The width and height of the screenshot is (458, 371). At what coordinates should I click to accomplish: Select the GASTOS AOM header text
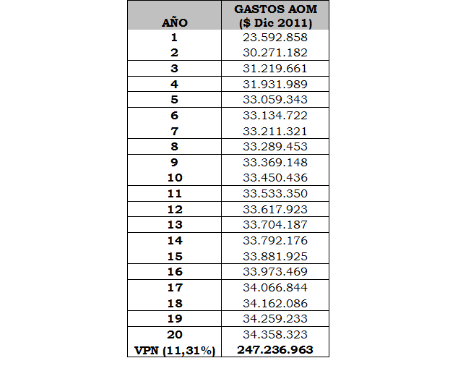(x=275, y=9)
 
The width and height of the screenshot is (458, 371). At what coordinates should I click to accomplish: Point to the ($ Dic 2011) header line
(x=275, y=22)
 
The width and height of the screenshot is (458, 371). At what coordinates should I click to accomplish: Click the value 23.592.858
(x=275, y=37)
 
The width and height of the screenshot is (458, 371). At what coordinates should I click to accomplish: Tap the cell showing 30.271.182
(x=275, y=53)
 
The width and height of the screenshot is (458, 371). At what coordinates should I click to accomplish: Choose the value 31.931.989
(x=275, y=84)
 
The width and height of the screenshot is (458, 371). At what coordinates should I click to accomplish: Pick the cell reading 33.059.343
(x=275, y=100)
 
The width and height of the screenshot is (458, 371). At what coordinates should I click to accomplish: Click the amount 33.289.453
(x=275, y=147)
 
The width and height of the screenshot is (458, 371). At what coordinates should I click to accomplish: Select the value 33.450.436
(x=275, y=178)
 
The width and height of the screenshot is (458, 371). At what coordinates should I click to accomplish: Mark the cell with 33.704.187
(x=275, y=225)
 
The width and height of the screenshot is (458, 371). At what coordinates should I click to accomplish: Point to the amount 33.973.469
(x=275, y=272)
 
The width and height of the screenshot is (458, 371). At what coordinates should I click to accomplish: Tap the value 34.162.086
(x=275, y=303)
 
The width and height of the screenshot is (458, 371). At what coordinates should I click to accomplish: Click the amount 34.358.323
(x=275, y=335)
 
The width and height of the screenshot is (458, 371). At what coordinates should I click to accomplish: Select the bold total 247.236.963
(x=275, y=350)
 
